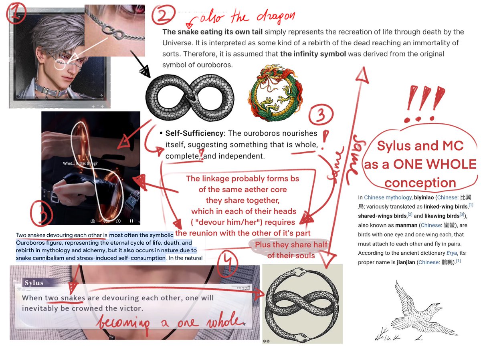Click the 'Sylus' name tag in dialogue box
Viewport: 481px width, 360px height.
pos(34,283)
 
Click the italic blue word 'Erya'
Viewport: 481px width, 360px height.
pos(451,253)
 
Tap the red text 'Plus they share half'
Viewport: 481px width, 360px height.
pos(291,245)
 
